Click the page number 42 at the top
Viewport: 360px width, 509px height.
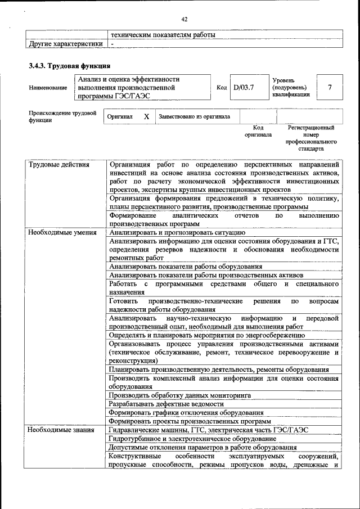click(x=184, y=20)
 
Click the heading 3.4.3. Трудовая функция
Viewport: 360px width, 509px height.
click(x=65, y=66)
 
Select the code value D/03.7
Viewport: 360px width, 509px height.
click(x=244, y=88)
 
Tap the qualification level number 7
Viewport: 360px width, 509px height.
click(x=330, y=88)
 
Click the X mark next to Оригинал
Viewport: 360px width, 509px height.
click(x=146, y=117)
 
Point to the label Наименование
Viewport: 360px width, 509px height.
click(x=48, y=88)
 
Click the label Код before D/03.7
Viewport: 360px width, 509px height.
click(x=222, y=88)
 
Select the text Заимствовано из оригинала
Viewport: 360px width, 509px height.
click(x=194, y=117)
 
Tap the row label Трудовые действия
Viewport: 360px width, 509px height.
click(x=58, y=165)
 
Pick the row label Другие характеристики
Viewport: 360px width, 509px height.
click(x=66, y=43)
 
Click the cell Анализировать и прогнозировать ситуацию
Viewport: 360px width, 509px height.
click(x=177, y=232)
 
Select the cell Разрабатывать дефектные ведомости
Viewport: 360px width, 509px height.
click(x=166, y=404)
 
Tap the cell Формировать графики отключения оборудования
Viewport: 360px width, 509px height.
click(x=186, y=412)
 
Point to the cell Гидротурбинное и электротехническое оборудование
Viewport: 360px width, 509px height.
click(x=192, y=438)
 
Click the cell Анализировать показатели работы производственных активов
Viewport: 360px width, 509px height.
click(x=206, y=275)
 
